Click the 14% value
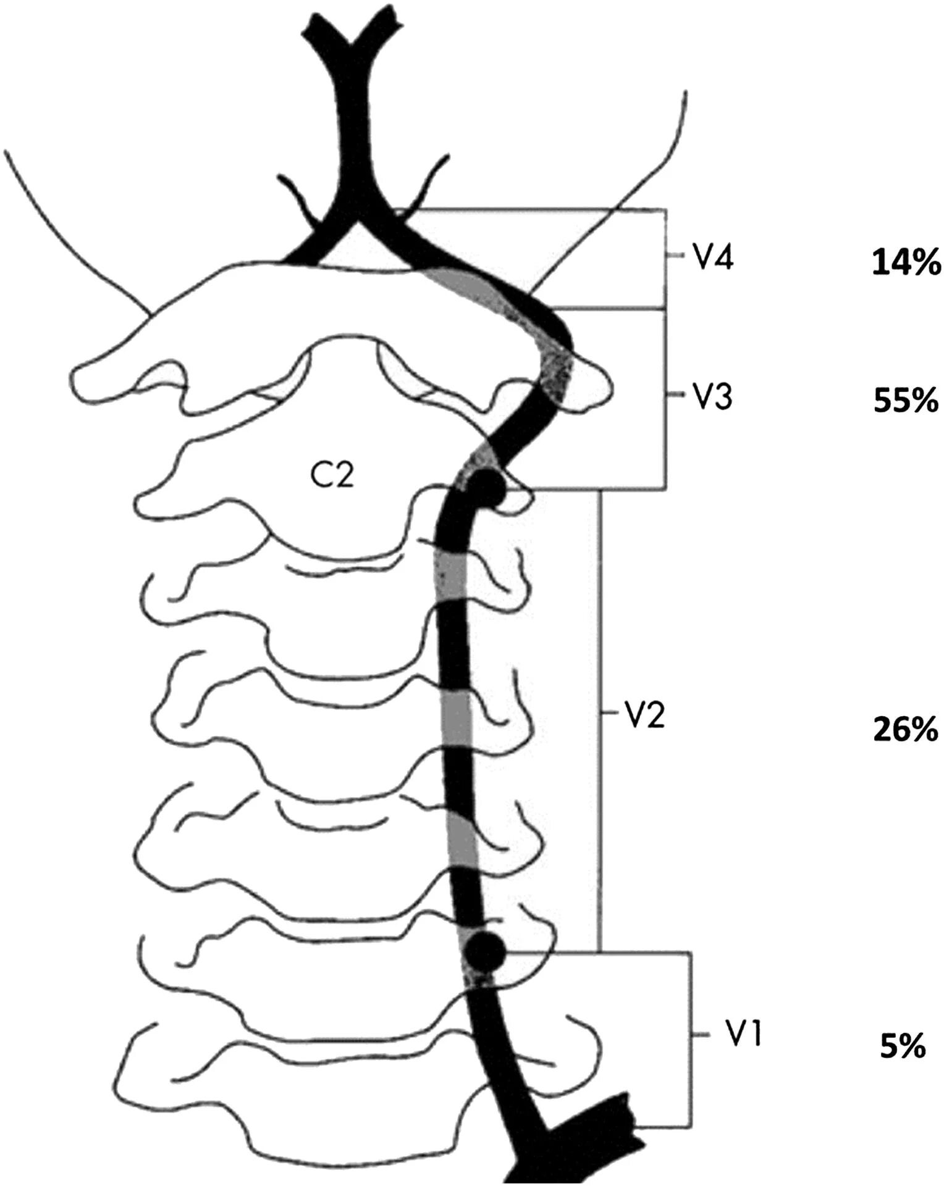(906, 264)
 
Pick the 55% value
(906, 401)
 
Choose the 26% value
(906, 730)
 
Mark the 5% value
(903, 1048)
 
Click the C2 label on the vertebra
(332, 475)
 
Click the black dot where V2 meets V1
(485, 951)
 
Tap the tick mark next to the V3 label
(675, 395)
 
